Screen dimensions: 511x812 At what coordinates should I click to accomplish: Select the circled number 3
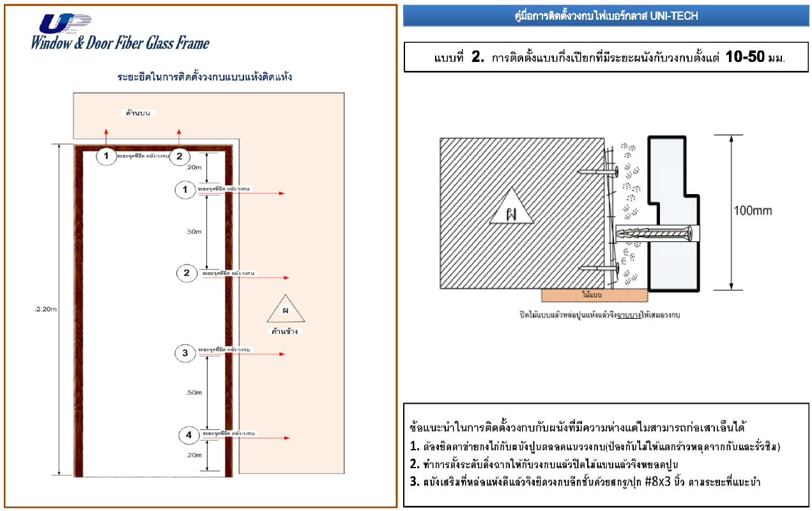pos(185,353)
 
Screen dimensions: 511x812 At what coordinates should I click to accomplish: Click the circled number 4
pos(188,436)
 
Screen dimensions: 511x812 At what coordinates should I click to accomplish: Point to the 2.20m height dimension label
pos(46,310)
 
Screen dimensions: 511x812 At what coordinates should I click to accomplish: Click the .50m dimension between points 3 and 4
pos(194,393)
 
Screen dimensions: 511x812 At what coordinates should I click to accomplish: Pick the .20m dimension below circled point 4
pos(194,455)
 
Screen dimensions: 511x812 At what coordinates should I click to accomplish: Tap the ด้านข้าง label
pos(284,332)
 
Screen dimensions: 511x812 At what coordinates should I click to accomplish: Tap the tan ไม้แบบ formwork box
pos(594,295)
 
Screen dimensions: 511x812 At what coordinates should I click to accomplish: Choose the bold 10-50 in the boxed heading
pos(746,57)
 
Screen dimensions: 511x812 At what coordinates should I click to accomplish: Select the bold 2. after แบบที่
pos(479,57)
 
